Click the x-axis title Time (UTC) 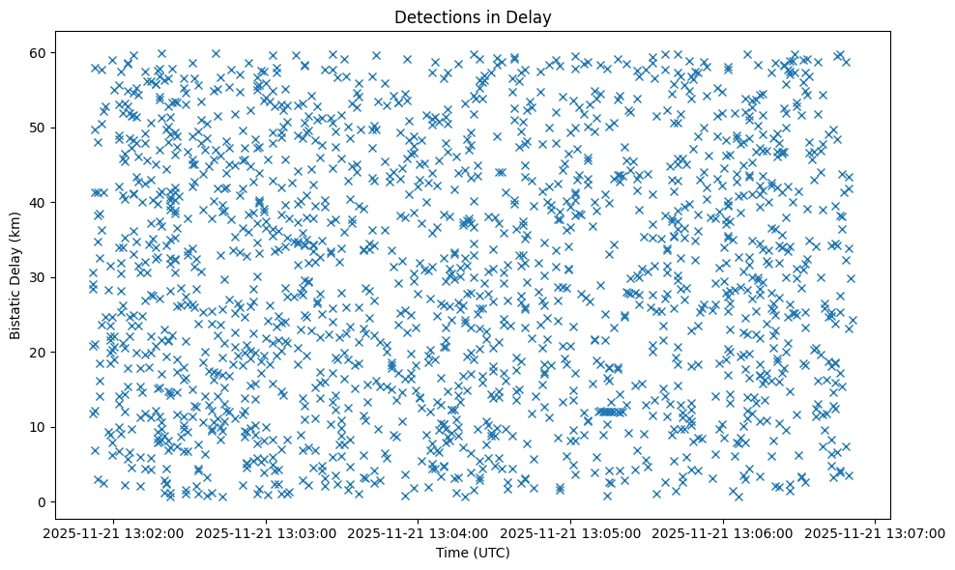(x=473, y=553)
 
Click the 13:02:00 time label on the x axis (x=113, y=532)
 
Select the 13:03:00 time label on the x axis (x=266, y=532)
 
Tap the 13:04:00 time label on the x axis (x=419, y=532)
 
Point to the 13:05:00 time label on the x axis (x=570, y=532)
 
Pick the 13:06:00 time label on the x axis (x=723, y=532)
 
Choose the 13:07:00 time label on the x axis (x=876, y=532)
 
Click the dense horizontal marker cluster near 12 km (x=612, y=411)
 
